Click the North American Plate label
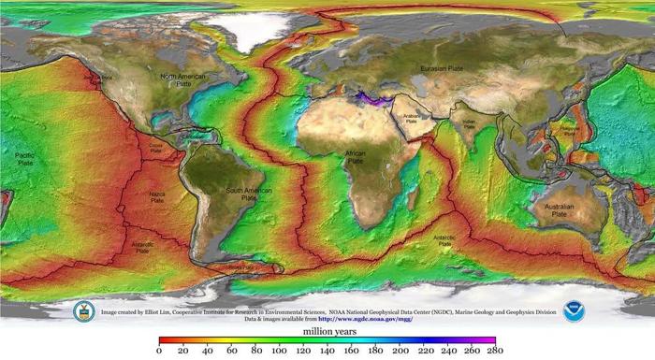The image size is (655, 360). tap(182, 79)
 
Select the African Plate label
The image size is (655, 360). tap(355, 156)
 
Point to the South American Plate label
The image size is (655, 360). tap(247, 194)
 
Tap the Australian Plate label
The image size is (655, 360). tap(558, 209)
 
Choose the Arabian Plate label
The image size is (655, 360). tap(415, 118)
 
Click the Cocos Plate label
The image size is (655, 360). tap(155, 147)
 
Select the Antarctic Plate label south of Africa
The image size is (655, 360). tap(444, 241)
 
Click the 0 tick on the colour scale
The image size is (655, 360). tap(160, 350)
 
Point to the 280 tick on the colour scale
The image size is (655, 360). tap(494, 350)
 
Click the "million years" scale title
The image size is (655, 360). tap(327, 331)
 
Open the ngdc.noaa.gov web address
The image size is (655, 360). tap(366, 319)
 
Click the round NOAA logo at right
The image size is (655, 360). tap(574, 311)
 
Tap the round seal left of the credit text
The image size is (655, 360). tap(84, 311)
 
